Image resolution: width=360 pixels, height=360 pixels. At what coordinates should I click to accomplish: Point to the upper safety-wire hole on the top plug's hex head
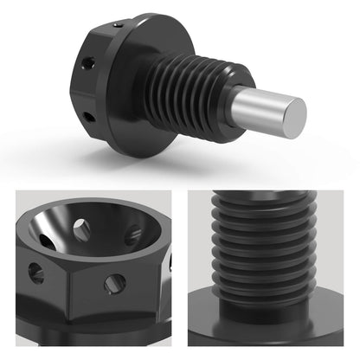pyautogui.click(x=87, y=63)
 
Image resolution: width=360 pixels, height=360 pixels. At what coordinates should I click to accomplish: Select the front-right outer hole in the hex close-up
pyautogui.click(x=112, y=284)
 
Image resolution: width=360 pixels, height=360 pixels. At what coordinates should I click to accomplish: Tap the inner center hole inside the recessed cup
pyautogui.click(x=80, y=230)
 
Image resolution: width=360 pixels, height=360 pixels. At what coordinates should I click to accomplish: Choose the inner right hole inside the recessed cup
pyautogui.click(x=133, y=235)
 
